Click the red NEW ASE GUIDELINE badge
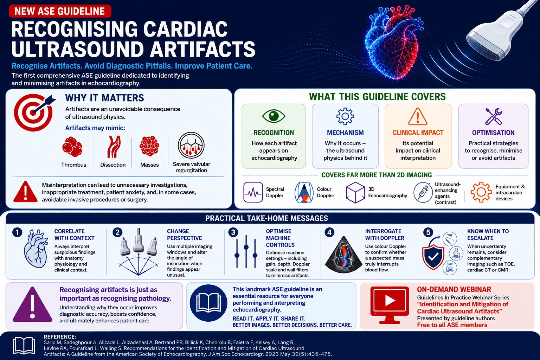60,11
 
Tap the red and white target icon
34,112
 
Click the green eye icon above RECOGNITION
274,116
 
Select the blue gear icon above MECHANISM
345,116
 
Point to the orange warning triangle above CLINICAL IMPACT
418,117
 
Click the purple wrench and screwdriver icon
494,116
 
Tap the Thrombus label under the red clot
73,165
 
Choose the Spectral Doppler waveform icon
253,192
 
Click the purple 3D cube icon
355,192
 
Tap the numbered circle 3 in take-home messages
233,232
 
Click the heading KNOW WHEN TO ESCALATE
488,234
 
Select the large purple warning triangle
33,304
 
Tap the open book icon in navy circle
208,303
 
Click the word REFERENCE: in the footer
60,337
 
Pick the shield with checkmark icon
433,257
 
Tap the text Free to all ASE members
452,325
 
